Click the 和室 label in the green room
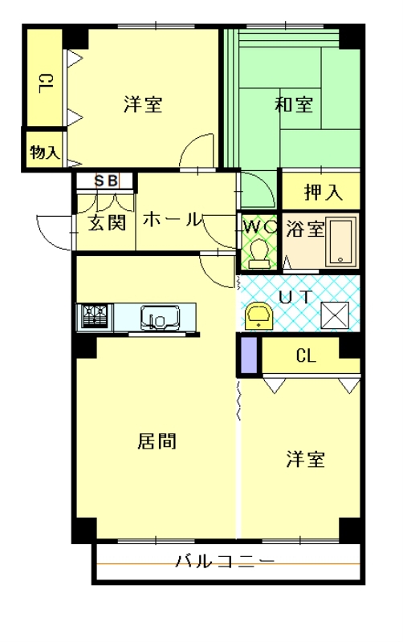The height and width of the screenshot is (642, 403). click(294, 105)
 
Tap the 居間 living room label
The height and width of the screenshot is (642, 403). click(157, 441)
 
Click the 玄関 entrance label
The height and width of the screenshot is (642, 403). click(106, 221)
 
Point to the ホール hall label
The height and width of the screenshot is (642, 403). click(172, 220)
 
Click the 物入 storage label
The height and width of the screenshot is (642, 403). click(45, 152)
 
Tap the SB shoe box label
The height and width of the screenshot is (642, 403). click(106, 181)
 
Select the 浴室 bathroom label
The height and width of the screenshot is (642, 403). click(305, 230)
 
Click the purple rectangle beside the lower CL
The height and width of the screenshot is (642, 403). click(250, 355)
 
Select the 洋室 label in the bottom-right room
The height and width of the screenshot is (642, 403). click(306, 460)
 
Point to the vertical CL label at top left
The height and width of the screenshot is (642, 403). click(45, 83)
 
